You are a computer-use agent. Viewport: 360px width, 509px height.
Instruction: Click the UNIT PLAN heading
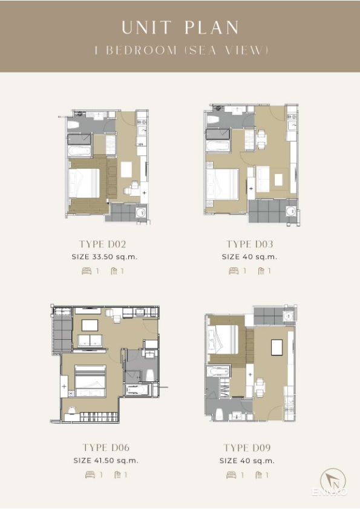pyautogui.click(x=180, y=28)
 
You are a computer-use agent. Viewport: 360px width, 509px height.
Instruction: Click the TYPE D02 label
pyautogui.click(x=103, y=244)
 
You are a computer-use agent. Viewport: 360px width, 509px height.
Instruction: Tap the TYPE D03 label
pyautogui.click(x=249, y=244)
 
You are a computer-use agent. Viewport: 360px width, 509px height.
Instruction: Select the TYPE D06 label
pyautogui.click(x=106, y=448)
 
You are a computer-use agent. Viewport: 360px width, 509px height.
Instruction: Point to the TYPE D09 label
pyautogui.click(x=247, y=448)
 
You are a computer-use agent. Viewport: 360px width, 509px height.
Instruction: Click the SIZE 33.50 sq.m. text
pyautogui.click(x=105, y=257)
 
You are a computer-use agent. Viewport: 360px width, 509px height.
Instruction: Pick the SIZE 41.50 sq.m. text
pyautogui.click(x=106, y=461)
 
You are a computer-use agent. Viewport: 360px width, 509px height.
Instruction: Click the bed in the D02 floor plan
pyautogui.click(x=84, y=183)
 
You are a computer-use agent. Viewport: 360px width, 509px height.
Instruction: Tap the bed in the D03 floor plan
pyautogui.click(x=223, y=184)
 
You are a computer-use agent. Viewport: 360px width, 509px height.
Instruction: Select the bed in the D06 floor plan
pyautogui.click(x=90, y=381)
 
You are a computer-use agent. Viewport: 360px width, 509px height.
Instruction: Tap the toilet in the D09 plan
pyautogui.click(x=220, y=413)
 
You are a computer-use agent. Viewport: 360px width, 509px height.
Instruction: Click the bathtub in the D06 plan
pyautogui.click(x=137, y=389)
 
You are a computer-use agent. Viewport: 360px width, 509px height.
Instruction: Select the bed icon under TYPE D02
pyautogui.click(x=87, y=271)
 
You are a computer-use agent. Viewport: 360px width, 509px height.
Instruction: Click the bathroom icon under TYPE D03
pyautogui.click(x=261, y=271)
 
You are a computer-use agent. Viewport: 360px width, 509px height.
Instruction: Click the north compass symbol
pyautogui.click(x=333, y=481)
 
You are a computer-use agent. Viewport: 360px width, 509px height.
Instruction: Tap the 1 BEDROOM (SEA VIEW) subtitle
pyautogui.click(x=182, y=50)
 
